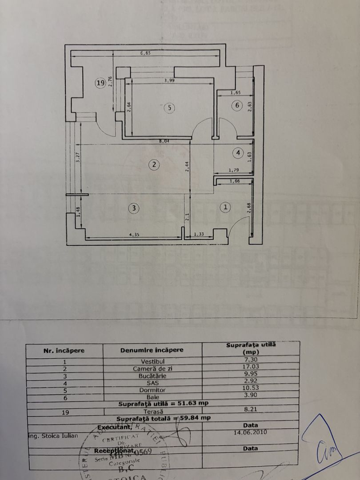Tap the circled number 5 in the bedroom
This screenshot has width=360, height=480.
(169, 108)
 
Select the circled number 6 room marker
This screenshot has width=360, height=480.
(237, 105)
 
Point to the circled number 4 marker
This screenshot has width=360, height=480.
(238, 153)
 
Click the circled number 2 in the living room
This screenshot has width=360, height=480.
(154, 165)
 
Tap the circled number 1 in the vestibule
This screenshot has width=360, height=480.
(226, 207)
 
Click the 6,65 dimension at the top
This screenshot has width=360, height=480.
(146, 53)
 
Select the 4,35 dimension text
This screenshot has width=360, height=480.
(133, 235)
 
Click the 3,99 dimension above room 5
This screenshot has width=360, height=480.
(169, 80)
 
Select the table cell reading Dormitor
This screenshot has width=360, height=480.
(152, 390)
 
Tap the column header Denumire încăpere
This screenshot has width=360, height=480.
(152, 350)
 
